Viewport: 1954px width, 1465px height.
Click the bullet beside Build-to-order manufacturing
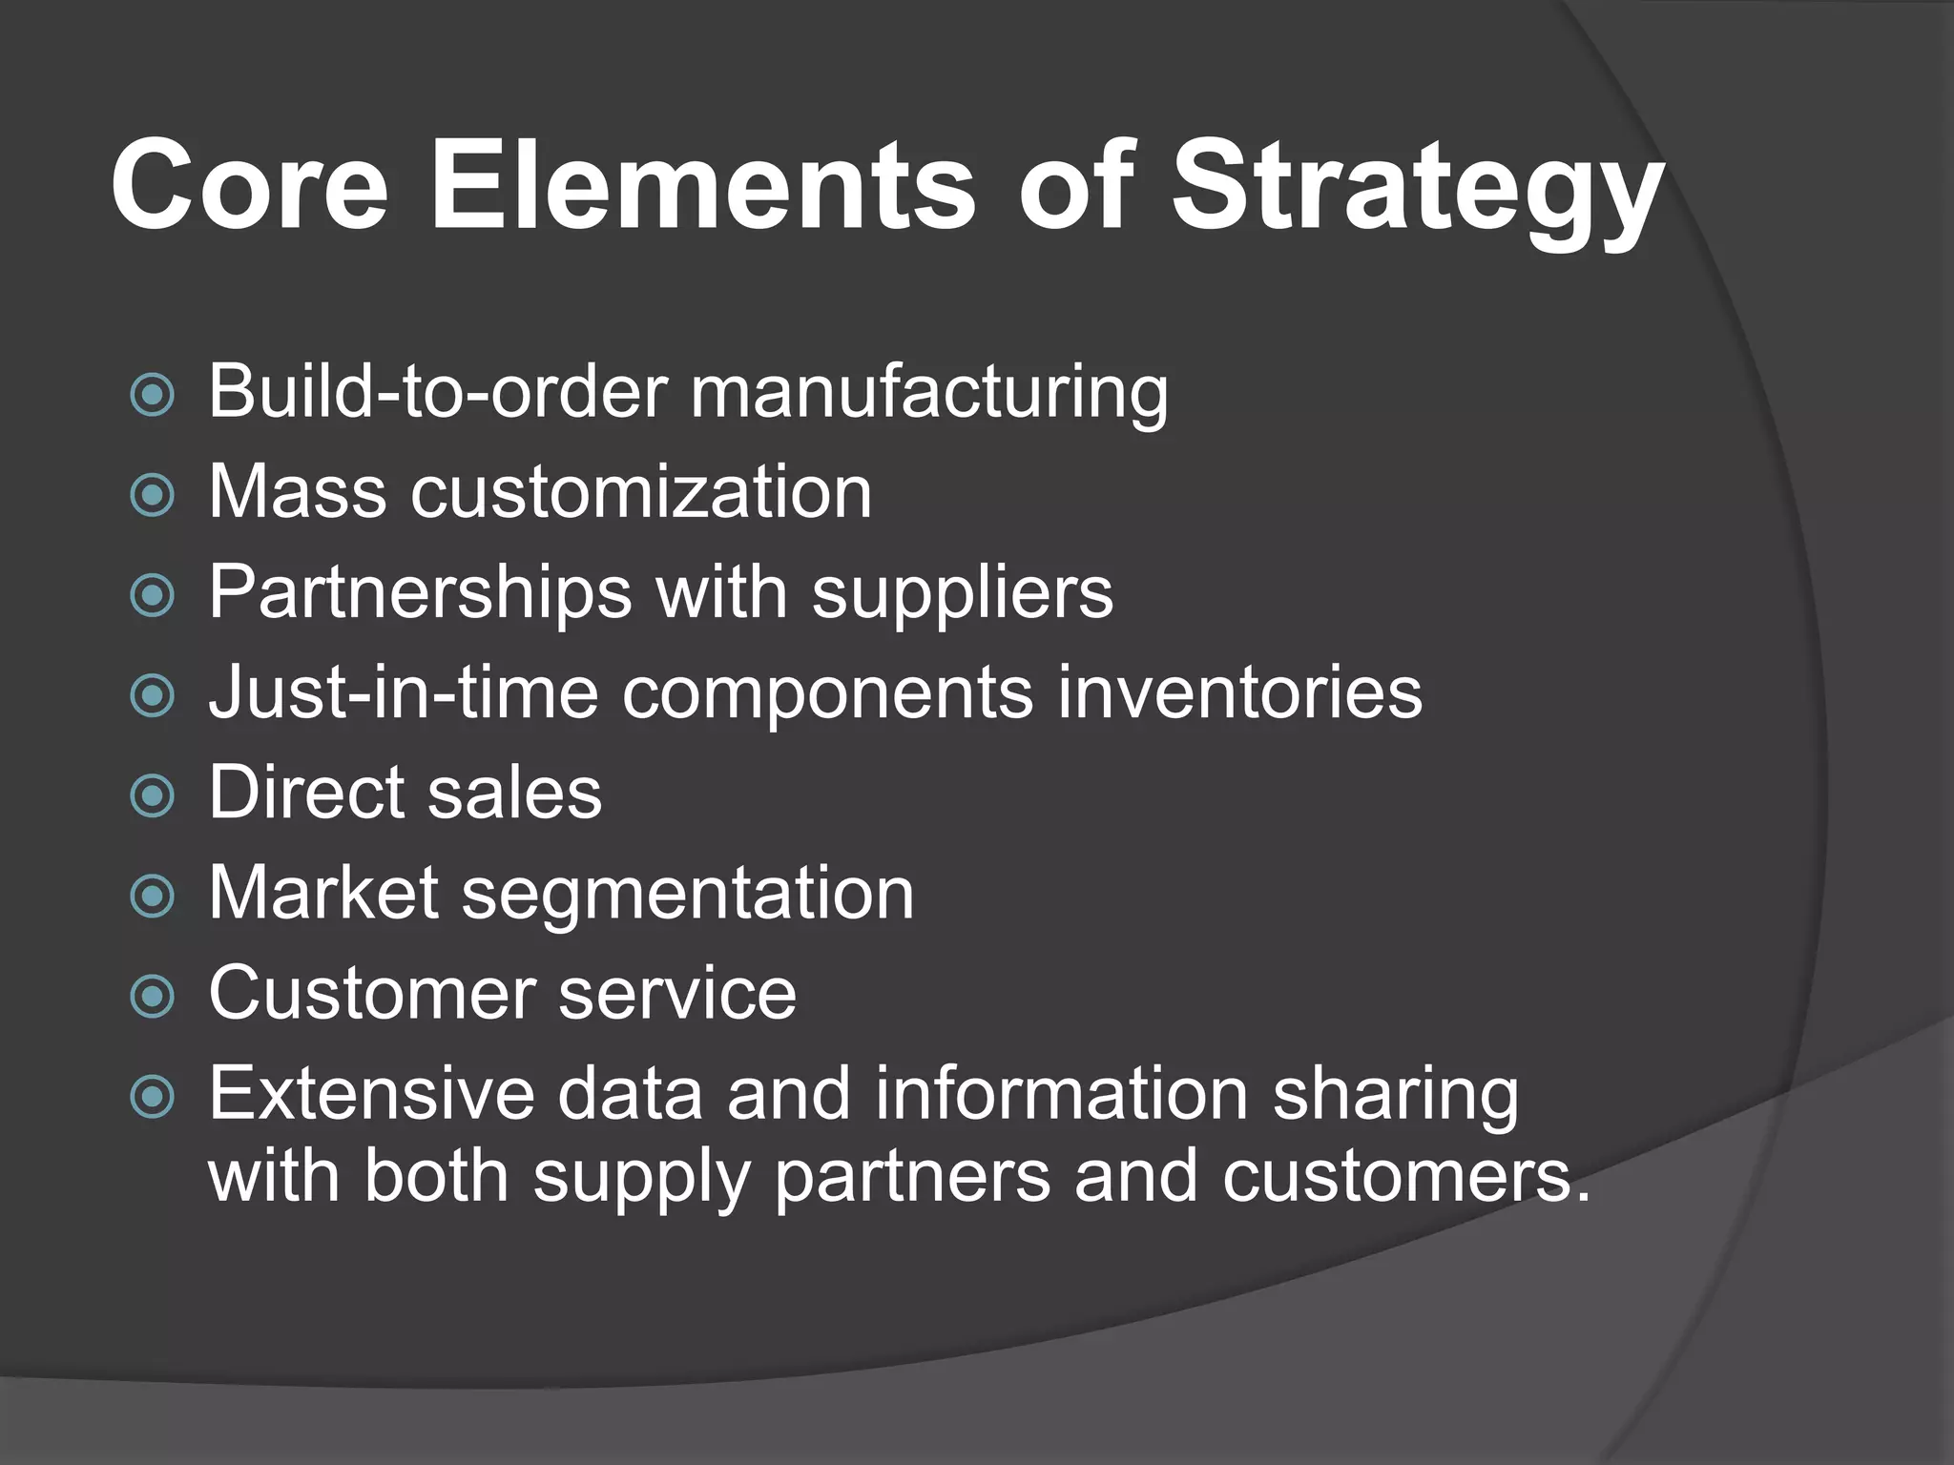pos(153,394)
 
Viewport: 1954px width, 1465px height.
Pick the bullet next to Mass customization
pos(153,495)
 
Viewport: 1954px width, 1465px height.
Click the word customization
pos(641,493)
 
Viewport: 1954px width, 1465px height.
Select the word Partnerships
pos(421,592)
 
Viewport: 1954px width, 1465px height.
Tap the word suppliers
pos(963,592)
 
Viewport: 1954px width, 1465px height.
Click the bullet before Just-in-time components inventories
pos(153,695)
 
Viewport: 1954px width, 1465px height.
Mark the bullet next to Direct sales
pos(153,795)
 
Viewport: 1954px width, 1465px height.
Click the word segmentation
pos(688,894)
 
